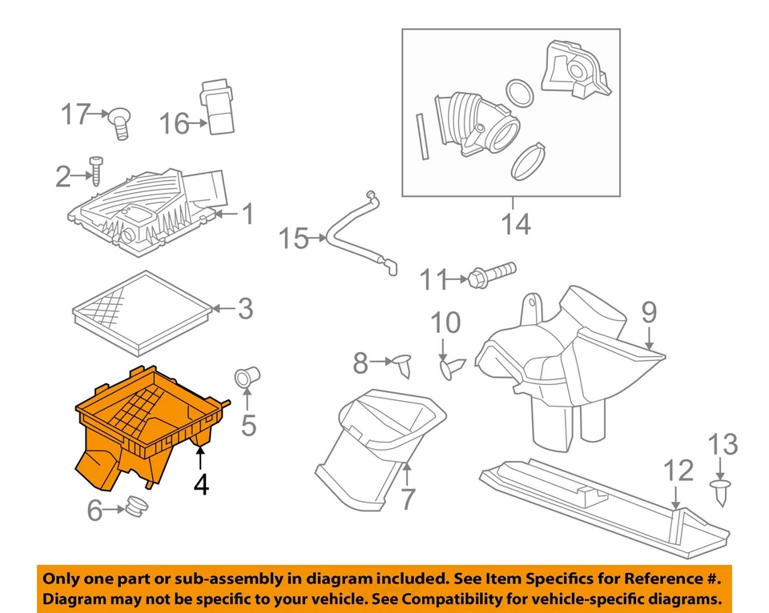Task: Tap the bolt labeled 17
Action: click(x=121, y=121)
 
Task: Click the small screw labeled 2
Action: click(x=97, y=170)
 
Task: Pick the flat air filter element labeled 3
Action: click(x=140, y=313)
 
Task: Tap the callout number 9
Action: click(x=647, y=311)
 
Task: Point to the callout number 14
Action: click(x=516, y=224)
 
